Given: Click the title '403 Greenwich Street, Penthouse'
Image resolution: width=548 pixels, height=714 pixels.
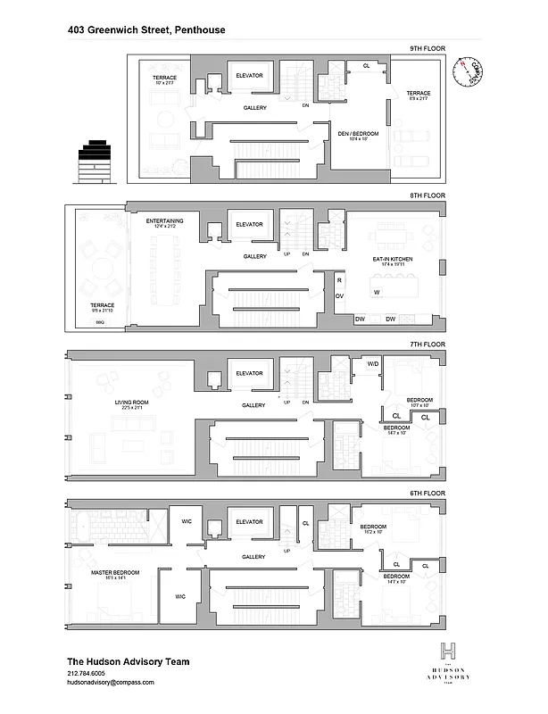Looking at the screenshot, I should (146, 29).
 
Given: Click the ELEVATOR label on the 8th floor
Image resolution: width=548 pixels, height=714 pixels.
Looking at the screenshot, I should (249, 224).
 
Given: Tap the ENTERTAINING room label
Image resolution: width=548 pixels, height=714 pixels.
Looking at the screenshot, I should (165, 220).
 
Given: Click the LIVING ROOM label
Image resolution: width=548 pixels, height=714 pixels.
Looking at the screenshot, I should (129, 402).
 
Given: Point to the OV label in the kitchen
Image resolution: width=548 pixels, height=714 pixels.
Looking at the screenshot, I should (339, 295).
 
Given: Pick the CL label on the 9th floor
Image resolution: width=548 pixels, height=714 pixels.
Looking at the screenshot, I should (365, 65).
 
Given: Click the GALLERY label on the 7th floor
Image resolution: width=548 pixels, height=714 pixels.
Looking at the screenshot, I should (254, 405).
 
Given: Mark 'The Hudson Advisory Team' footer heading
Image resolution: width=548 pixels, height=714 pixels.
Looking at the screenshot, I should (129, 661).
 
